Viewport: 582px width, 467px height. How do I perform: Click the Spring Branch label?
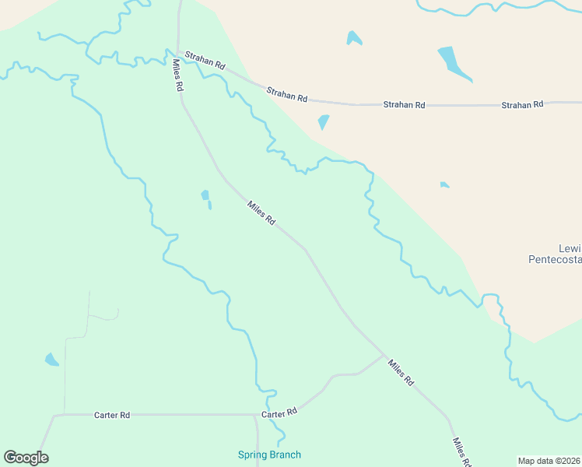(x=269, y=455)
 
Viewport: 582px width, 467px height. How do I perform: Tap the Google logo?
(x=26, y=458)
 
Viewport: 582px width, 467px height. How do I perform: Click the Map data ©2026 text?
(x=549, y=461)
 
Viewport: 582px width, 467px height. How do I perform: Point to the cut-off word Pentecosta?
(x=555, y=259)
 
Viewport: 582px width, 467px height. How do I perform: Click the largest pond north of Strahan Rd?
(x=454, y=63)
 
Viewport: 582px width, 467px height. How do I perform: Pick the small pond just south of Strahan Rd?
(x=323, y=122)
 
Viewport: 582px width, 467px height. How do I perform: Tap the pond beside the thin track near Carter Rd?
(x=51, y=360)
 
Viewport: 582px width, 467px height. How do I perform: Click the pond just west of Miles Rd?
(x=205, y=196)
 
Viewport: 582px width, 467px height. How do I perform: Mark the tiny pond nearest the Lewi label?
(x=444, y=184)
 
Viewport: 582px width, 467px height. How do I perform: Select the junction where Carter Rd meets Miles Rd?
(x=384, y=356)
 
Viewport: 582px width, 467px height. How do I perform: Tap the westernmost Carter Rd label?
(x=111, y=415)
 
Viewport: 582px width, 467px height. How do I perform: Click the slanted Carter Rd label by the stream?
(x=279, y=413)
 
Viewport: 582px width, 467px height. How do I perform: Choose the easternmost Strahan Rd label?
(x=521, y=104)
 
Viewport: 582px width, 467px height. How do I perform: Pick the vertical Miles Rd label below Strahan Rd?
(x=177, y=76)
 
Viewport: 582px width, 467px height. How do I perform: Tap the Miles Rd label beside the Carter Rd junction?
(x=400, y=374)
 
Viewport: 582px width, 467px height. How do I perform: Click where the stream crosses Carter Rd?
(x=269, y=414)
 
